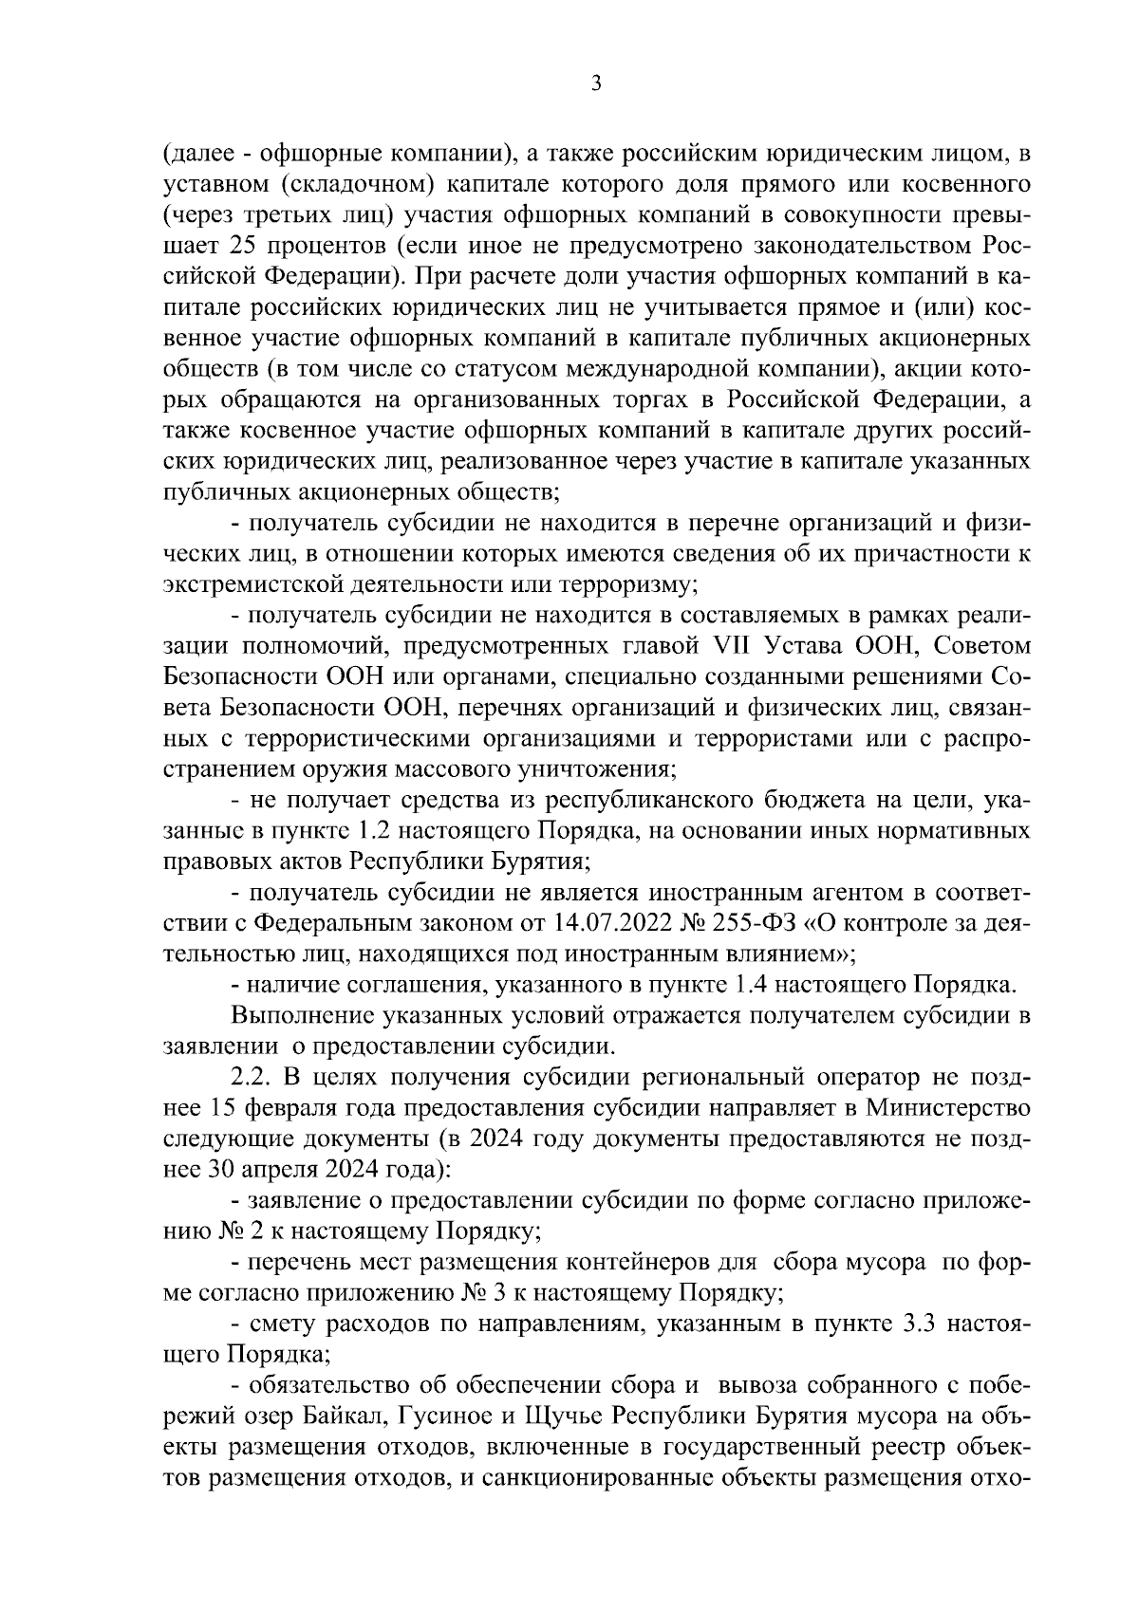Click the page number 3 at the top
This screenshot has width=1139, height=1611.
pos(596,83)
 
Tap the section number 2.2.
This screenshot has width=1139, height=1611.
pos(252,1077)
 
